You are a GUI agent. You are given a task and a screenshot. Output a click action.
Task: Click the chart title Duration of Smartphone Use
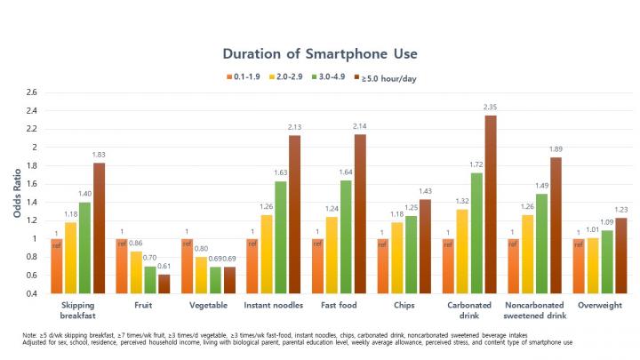(x=319, y=53)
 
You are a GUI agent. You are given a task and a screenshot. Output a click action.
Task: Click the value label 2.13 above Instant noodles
(x=295, y=127)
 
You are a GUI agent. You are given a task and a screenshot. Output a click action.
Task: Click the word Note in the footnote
(x=31, y=334)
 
